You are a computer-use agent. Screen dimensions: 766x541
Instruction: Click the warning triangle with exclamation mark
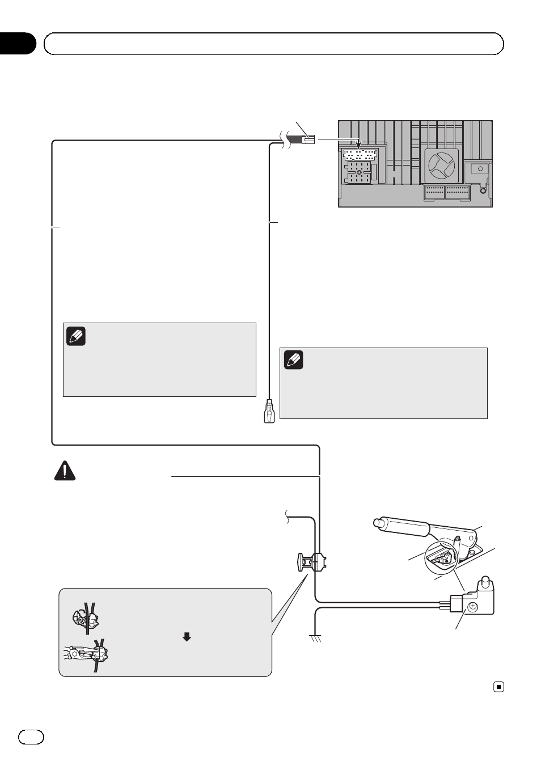click(65, 471)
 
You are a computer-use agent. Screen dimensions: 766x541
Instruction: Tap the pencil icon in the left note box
click(75, 336)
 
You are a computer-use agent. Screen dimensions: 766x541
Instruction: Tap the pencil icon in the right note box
click(293, 360)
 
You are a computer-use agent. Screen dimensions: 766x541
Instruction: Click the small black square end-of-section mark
click(498, 687)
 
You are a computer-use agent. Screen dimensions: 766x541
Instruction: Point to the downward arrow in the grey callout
click(187, 637)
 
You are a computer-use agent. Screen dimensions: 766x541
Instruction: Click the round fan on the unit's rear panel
click(442, 165)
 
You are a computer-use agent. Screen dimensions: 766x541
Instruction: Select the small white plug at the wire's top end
click(308, 139)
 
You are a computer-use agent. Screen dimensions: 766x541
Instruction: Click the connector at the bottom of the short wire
click(269, 411)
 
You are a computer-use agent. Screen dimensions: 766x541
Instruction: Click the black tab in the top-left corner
click(17, 44)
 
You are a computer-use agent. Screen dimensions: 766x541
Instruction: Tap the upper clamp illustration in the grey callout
click(86, 618)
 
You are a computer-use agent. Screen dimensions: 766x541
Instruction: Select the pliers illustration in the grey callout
click(88, 654)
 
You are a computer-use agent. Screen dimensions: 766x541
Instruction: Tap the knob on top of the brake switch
click(485, 582)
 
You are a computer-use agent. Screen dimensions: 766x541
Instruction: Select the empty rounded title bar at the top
click(274, 44)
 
